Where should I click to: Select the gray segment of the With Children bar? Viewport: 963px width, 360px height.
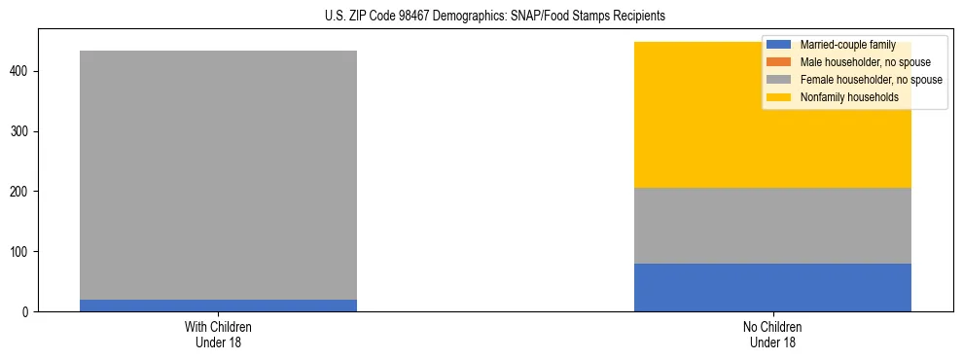[218, 175]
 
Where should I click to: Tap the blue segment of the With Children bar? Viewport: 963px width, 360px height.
[218, 306]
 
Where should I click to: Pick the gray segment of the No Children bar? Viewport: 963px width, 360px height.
[772, 226]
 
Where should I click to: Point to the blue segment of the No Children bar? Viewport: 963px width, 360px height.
[772, 287]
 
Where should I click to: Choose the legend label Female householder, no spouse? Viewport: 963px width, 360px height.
[871, 80]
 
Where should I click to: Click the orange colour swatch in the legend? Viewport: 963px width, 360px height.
[779, 62]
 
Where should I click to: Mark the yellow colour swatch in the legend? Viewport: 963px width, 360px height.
[779, 97]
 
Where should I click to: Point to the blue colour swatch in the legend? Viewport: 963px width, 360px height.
[779, 45]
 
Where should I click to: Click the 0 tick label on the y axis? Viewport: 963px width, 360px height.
[27, 312]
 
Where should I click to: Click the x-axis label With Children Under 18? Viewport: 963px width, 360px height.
[218, 335]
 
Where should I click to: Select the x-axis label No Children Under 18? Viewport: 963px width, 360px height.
[772, 335]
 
